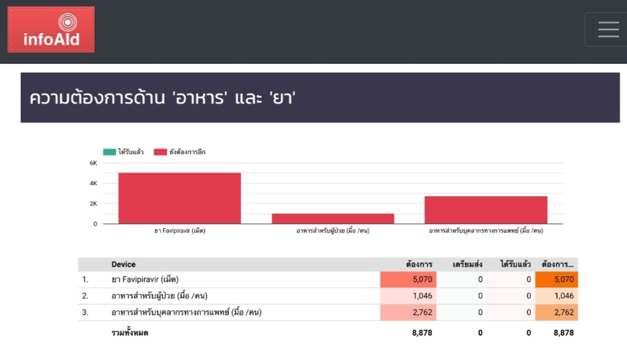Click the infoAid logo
51,30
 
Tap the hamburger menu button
608,30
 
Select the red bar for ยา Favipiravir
180,198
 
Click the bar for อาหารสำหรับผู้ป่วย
333,218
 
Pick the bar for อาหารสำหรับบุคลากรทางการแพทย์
486,210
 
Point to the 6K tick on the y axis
93,163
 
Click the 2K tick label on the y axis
93,204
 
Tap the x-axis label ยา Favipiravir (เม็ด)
180,231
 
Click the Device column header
124,265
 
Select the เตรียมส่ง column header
467,265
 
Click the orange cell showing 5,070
557,279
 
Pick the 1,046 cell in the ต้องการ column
407,296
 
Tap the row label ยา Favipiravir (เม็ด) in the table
145,279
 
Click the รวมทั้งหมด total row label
130,333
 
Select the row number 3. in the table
85,312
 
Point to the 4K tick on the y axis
93,183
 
